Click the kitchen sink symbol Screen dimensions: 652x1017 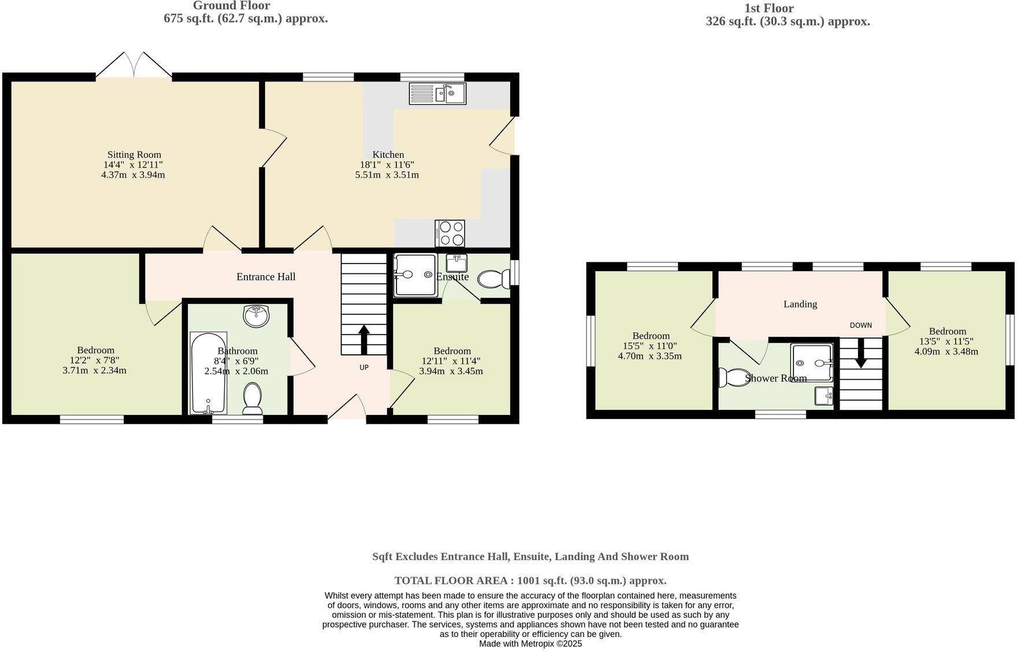437,94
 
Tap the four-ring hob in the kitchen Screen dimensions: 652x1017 450,234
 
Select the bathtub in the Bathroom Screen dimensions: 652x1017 208,373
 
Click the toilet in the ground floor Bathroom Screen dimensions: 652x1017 253,399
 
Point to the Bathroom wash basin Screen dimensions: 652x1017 256,316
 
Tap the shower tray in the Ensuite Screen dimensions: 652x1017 414,276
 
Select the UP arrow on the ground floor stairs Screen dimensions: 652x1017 364,339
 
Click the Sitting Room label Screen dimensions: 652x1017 134,155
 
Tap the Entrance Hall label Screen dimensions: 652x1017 266,277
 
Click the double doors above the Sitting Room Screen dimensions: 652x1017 133,65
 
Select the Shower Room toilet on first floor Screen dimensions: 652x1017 733,377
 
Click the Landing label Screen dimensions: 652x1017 800,304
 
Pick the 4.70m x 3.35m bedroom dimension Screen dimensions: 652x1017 649,356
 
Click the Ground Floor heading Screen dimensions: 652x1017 231,6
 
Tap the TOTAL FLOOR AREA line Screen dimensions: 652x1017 530,580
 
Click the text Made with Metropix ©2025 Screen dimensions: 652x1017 530,643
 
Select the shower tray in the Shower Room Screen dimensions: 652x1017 811,363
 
